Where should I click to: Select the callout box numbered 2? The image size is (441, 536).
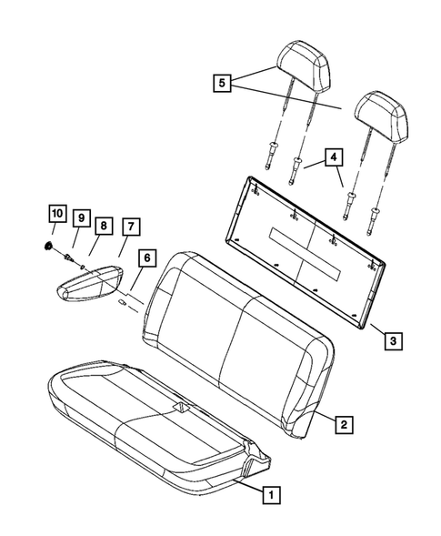[342, 423]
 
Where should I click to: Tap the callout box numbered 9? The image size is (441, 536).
[80, 218]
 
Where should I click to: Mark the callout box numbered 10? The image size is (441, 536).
[57, 214]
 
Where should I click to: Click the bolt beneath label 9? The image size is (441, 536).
[72, 258]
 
